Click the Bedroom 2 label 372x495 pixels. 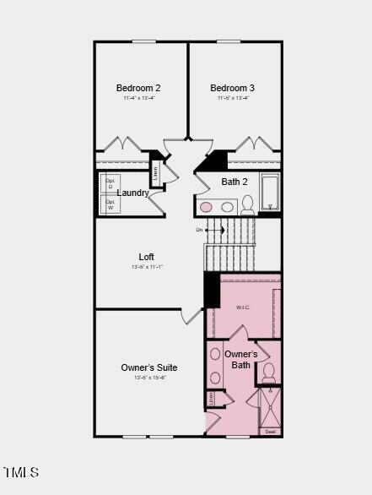point(138,88)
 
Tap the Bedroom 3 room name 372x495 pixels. point(233,88)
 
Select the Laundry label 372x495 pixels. point(133,193)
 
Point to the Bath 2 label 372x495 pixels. point(235,182)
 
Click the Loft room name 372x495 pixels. point(147,257)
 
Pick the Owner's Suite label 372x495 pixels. point(149,367)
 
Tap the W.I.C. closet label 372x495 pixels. point(243,307)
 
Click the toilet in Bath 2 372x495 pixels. point(248,204)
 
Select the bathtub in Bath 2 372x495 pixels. point(270,192)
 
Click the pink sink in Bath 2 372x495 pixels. point(206,207)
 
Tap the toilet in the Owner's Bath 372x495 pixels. point(268,372)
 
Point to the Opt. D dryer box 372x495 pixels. point(111,184)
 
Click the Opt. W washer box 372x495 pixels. point(111,205)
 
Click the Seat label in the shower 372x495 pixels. point(270,432)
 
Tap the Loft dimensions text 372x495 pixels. point(147,267)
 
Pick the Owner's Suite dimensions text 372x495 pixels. point(149,378)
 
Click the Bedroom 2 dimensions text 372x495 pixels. point(138,98)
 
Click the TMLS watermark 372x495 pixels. point(20,472)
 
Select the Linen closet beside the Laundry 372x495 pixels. point(155,173)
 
